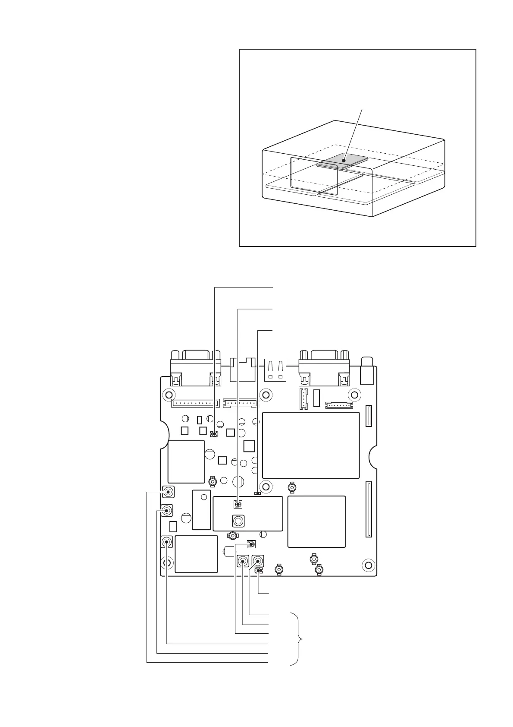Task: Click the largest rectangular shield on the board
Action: coord(310,445)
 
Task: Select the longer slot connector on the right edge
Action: coord(369,509)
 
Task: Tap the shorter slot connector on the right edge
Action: coord(369,415)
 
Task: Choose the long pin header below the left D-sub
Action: coord(196,403)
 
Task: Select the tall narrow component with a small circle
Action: coord(201,509)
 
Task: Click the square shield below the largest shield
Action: coord(316,522)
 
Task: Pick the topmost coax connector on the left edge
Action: coord(169,491)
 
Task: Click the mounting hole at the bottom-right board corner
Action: coord(367,565)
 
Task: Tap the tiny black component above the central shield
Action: coord(258,493)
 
